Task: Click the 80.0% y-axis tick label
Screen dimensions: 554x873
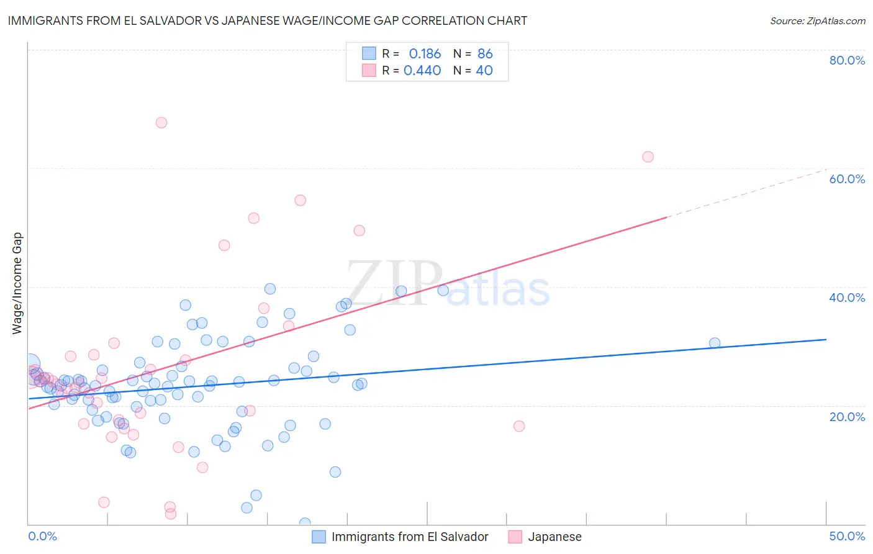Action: [847, 60]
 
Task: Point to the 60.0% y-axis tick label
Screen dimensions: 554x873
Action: [847, 179]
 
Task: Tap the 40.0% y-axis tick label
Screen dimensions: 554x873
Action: [847, 297]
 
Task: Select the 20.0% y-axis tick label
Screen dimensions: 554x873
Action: [847, 416]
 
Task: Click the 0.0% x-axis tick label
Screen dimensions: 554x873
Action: [42, 536]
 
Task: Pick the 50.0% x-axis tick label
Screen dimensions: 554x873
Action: [847, 536]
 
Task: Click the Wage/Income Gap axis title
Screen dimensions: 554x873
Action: [17, 283]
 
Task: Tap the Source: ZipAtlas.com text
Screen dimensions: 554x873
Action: [817, 20]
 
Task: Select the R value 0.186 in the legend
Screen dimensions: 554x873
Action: [425, 53]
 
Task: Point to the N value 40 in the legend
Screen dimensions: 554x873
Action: [484, 70]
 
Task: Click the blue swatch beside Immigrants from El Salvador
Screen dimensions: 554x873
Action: [319, 537]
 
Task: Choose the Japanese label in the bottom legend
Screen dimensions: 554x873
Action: [554, 537]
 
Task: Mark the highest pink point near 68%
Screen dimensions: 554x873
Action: [161, 122]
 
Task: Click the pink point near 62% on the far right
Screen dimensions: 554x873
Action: [648, 157]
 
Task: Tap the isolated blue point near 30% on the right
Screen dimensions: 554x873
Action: [715, 343]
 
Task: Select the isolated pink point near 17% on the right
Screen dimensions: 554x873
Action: [519, 426]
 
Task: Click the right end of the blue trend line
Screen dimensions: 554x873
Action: [826, 340]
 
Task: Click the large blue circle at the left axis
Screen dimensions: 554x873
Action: [30, 365]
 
